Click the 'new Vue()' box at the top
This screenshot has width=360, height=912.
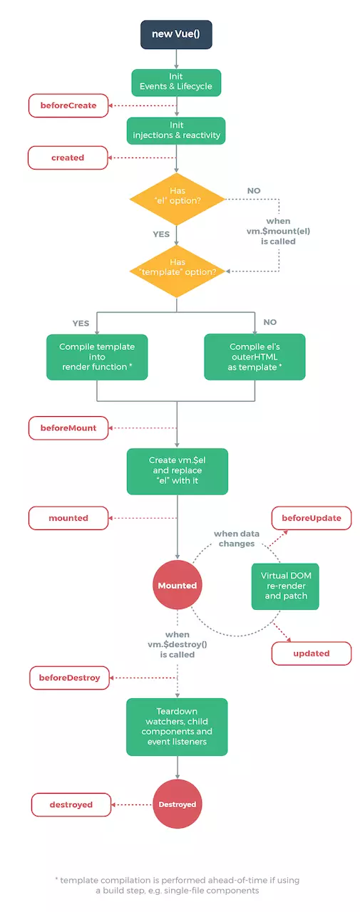(x=177, y=34)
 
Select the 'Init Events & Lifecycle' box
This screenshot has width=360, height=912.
(x=177, y=83)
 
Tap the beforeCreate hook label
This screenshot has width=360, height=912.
(x=68, y=106)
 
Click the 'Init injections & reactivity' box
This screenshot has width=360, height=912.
(x=177, y=130)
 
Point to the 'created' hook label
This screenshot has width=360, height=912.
(x=68, y=157)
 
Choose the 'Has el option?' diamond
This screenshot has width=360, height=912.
(x=177, y=196)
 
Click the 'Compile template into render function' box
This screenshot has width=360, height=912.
(x=97, y=356)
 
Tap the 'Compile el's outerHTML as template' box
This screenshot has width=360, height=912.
(x=254, y=356)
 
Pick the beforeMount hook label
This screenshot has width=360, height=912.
(x=68, y=428)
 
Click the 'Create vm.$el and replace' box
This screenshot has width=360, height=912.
(x=177, y=471)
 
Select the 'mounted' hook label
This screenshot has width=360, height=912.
(x=68, y=518)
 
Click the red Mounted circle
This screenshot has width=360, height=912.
(x=177, y=585)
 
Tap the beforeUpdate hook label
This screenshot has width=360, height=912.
(x=312, y=518)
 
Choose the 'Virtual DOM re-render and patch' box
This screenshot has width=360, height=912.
(x=284, y=586)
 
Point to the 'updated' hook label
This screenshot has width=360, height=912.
(x=312, y=653)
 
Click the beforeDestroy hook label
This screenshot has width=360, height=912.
(x=70, y=678)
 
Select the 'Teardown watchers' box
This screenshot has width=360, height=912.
(x=177, y=727)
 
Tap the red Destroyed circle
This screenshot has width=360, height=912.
(x=177, y=804)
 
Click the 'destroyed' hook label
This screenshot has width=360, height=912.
(x=71, y=804)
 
